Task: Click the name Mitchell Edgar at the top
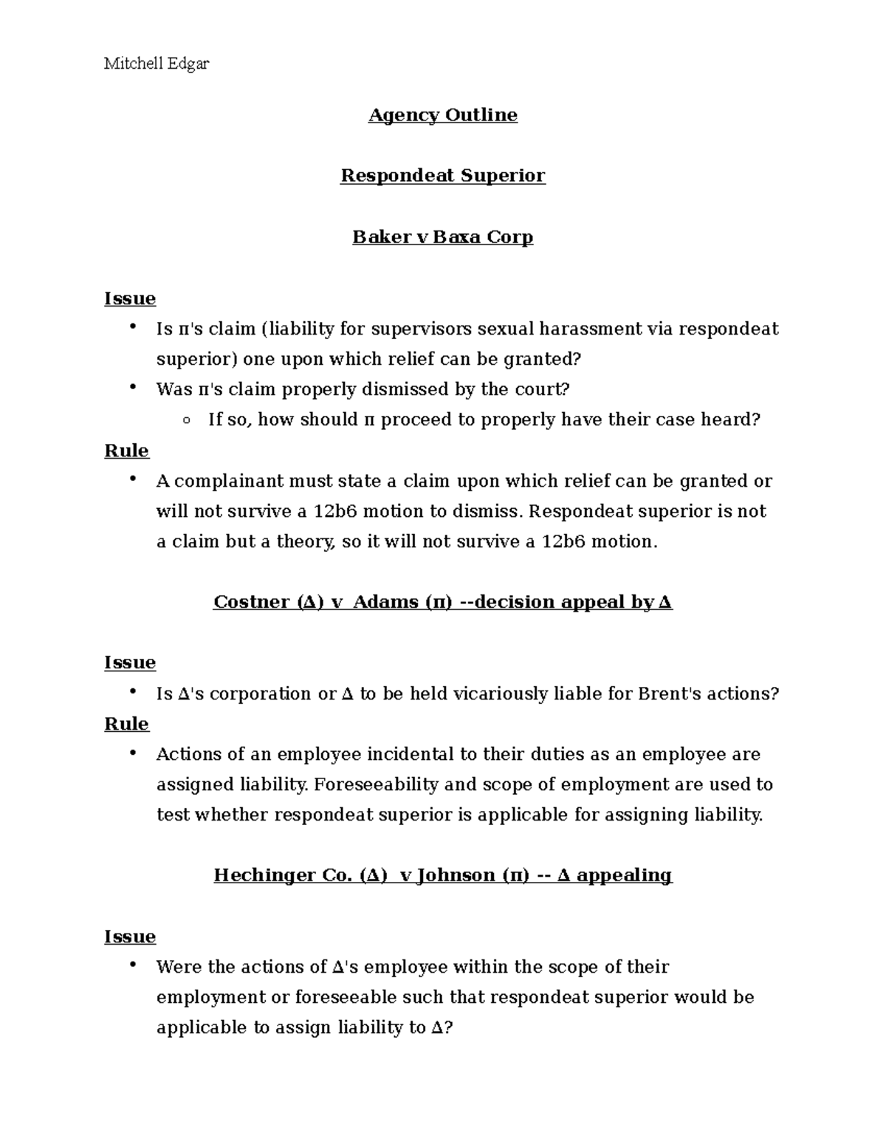pos(157,64)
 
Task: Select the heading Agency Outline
pos(443,115)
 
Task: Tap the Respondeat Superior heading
pos(443,176)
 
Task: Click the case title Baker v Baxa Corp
pos(443,237)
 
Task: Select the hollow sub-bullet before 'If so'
pos(186,420)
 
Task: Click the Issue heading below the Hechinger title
pos(130,937)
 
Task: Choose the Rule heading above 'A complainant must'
pos(127,451)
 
